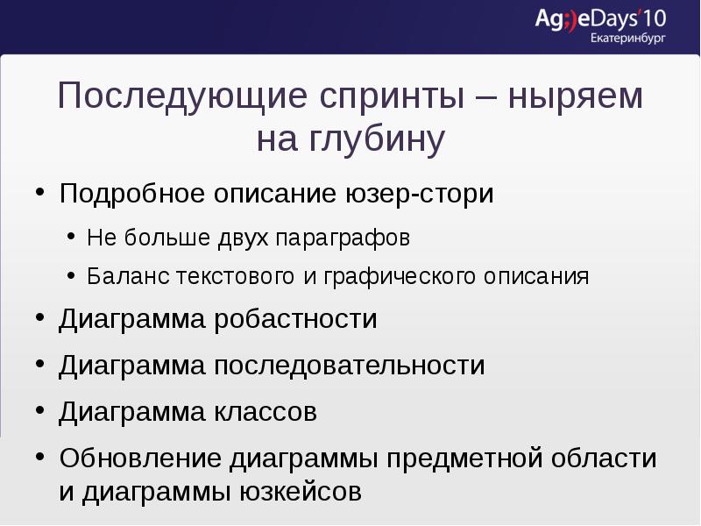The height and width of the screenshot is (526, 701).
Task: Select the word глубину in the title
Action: pyautogui.click(x=377, y=140)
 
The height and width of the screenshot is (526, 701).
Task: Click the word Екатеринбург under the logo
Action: pyautogui.click(x=628, y=39)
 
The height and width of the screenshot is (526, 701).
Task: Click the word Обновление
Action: pyautogui.click(x=140, y=458)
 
